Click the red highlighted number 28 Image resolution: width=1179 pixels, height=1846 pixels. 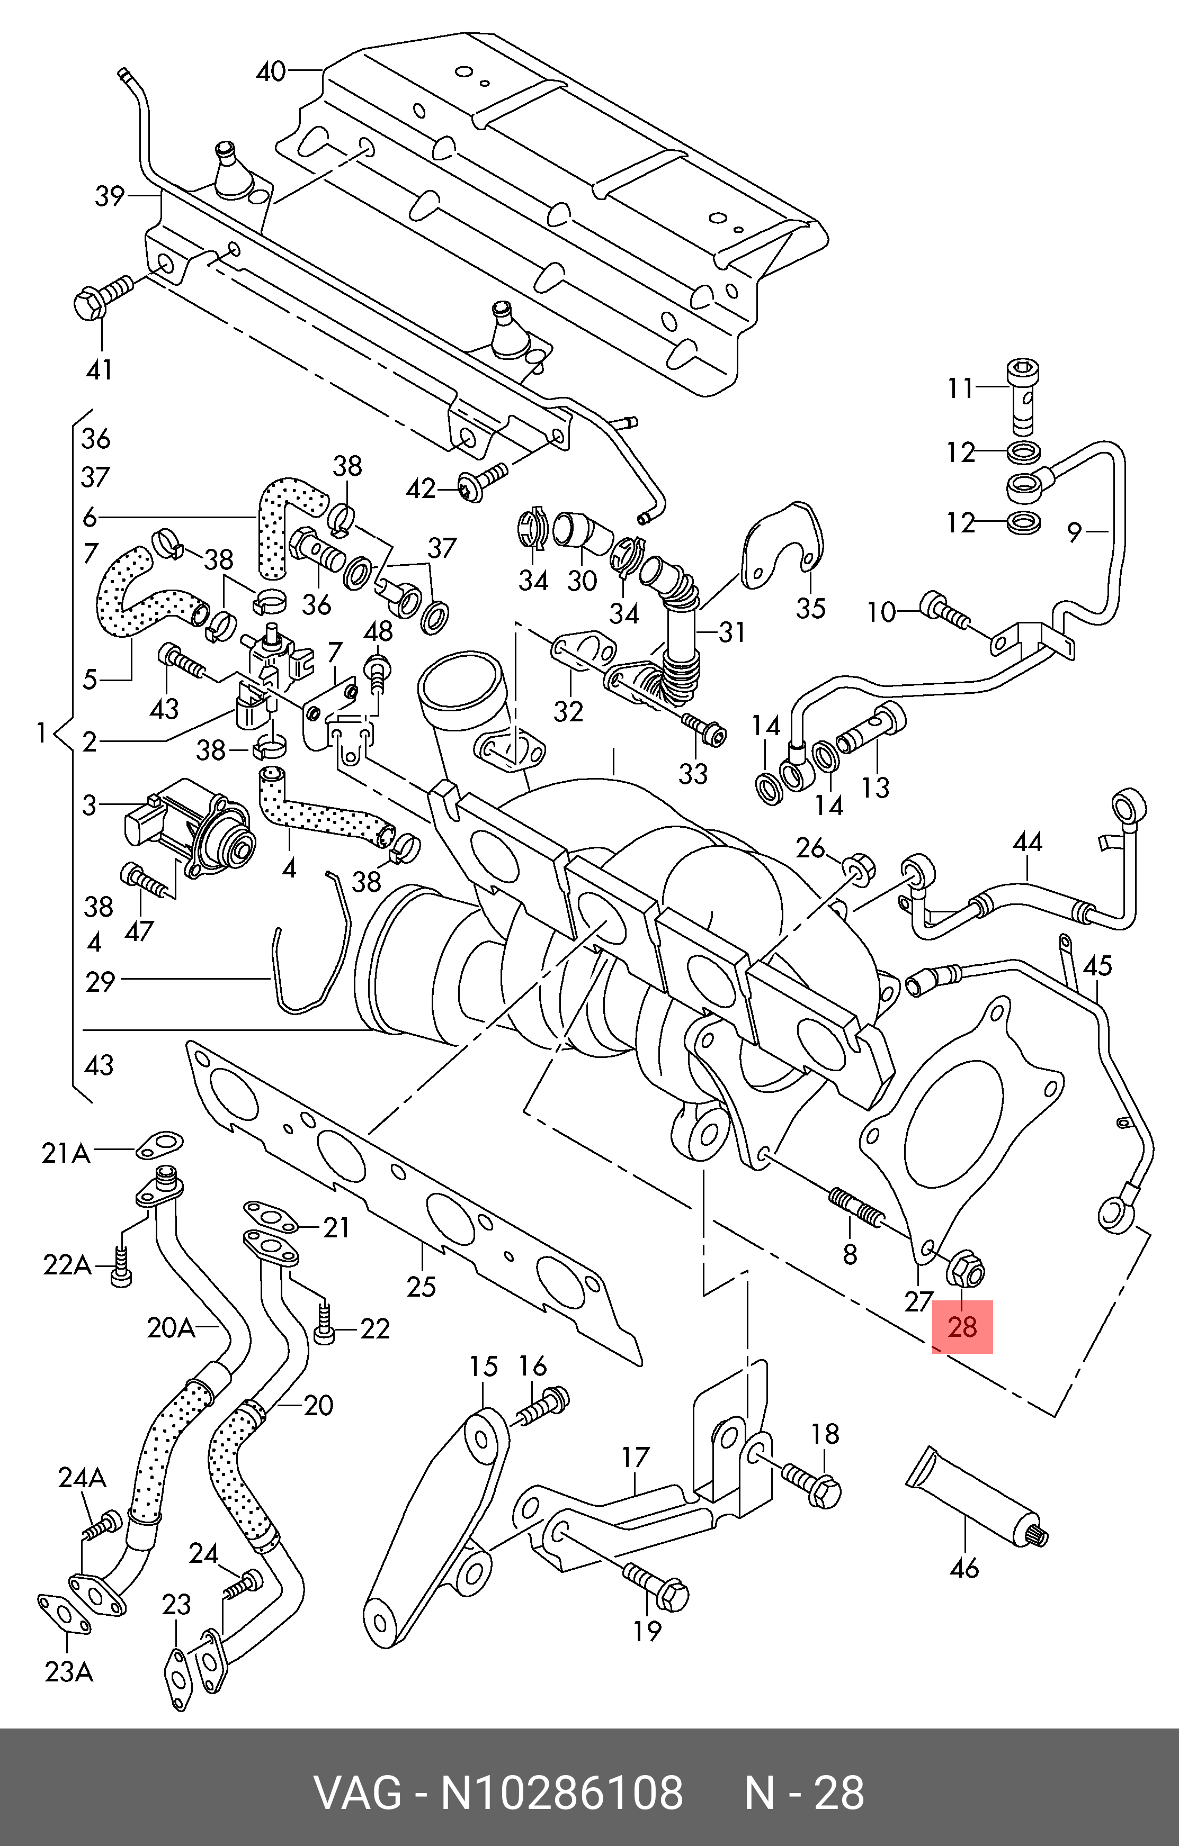coord(962,1326)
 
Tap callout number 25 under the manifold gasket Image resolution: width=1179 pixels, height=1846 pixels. coord(421,1285)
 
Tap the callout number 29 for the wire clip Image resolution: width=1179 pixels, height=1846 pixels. coord(101,981)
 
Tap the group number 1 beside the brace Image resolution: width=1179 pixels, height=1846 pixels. coord(41,733)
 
